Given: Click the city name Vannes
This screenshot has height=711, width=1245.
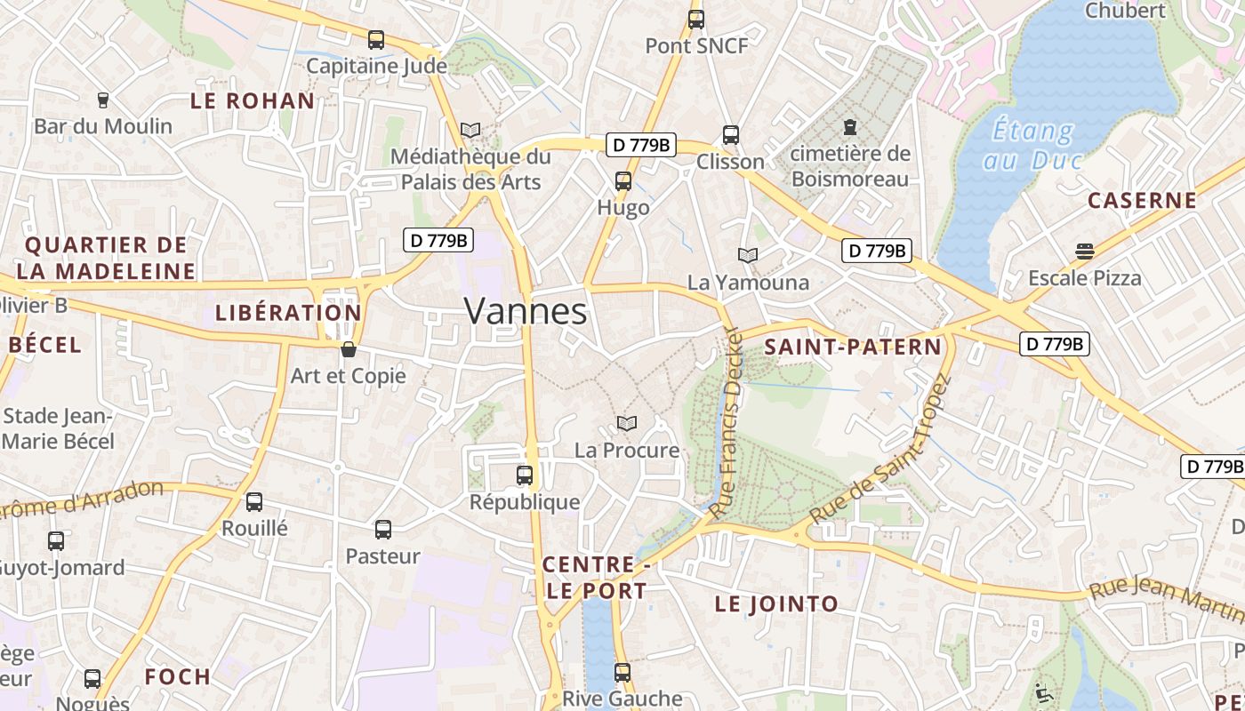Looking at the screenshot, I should click(x=526, y=312).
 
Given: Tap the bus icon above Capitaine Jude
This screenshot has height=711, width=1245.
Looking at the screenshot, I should click(x=376, y=40).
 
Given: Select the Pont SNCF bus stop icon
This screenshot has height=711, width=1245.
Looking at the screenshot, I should click(x=696, y=19).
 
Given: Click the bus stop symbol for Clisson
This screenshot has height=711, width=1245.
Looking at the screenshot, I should click(x=731, y=135).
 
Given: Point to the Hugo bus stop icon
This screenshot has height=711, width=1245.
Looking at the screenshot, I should click(x=623, y=181).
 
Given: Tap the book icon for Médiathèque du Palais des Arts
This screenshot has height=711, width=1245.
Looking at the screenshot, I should click(x=470, y=131).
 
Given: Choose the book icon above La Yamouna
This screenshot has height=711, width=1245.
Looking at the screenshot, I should click(x=748, y=256).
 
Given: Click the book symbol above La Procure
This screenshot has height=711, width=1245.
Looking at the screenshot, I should click(x=627, y=424).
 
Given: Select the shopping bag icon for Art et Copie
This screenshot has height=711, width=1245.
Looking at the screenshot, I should click(x=349, y=349).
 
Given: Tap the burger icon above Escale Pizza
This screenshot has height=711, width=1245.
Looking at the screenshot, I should click(x=1084, y=252).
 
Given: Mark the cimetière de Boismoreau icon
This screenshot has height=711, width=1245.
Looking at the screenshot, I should click(x=850, y=127).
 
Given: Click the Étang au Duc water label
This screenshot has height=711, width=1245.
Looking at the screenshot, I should click(x=1032, y=146).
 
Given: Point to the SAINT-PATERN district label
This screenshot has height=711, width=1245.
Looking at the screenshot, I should click(x=853, y=348).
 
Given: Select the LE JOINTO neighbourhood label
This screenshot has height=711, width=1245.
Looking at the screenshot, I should click(x=776, y=604).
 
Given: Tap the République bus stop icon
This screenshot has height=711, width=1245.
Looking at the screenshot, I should click(x=525, y=475).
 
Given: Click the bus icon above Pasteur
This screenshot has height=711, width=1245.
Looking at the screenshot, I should click(x=383, y=530).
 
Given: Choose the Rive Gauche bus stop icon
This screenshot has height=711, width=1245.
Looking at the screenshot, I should click(x=622, y=673).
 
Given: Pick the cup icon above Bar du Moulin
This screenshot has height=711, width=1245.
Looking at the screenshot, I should click(x=103, y=100).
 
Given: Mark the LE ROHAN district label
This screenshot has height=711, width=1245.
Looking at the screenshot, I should click(x=253, y=100).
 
